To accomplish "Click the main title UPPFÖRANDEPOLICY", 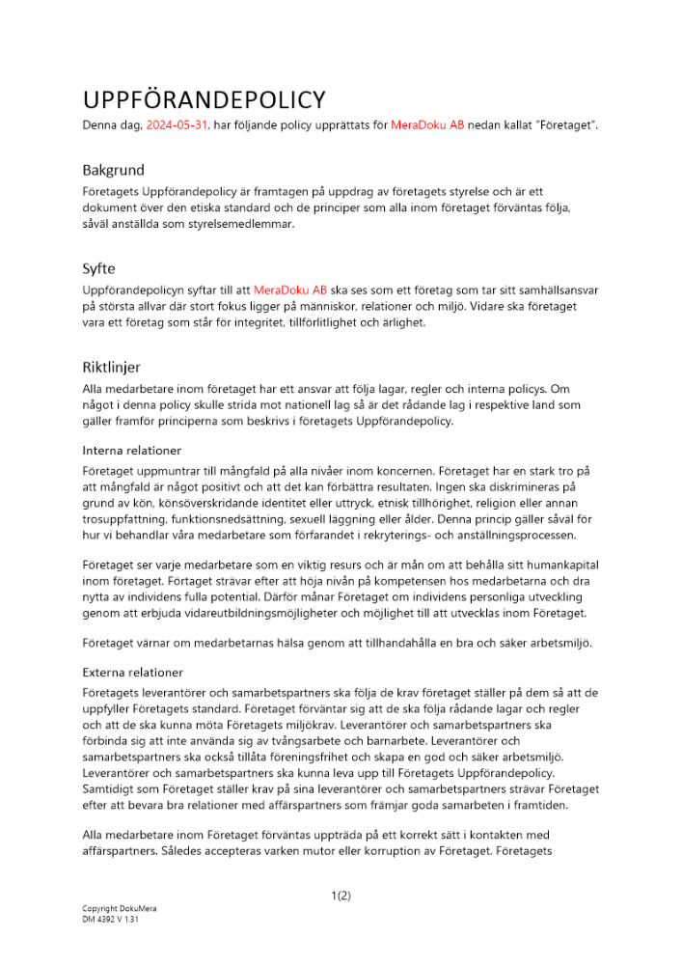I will pos(204,100).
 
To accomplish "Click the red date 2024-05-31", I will pos(177,125).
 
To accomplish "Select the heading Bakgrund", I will pos(114,170).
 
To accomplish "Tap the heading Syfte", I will pos(98,268).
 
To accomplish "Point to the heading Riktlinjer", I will pos(112,367).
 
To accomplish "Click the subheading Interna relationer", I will pos(131,450).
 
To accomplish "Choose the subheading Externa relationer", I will pos(133,672).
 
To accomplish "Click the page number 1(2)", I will pos(341,896).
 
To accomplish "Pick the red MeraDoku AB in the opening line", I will pos(427,125).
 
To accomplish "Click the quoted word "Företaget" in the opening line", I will pos(561,125).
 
